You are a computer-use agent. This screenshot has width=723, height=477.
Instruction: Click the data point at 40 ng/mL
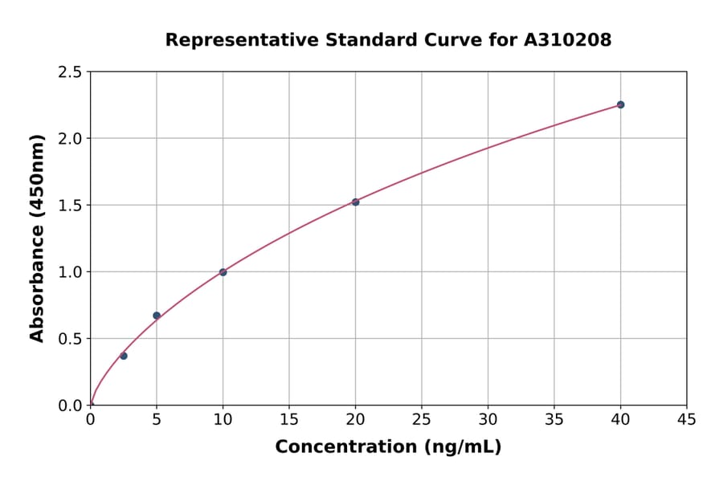[x=620, y=104]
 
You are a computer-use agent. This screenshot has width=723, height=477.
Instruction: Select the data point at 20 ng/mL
[x=355, y=202]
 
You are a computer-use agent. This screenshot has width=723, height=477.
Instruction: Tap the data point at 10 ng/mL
[x=223, y=272]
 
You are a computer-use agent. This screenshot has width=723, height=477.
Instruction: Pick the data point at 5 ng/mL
[x=157, y=316]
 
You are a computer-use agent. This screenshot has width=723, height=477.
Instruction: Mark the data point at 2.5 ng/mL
[x=124, y=356]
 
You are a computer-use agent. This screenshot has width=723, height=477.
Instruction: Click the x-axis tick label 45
[x=687, y=420]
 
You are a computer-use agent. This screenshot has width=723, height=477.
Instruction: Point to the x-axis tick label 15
[x=289, y=420]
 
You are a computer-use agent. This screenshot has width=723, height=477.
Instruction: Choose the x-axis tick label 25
[x=422, y=420]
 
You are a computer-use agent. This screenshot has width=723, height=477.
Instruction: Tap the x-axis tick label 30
[x=488, y=420]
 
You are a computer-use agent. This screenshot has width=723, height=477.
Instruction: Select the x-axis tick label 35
[x=554, y=420]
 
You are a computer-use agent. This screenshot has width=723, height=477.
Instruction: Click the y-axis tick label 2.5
[x=71, y=72]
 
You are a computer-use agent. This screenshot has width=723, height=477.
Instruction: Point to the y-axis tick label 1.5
[x=71, y=206]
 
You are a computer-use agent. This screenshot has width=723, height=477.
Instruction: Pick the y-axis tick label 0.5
[x=71, y=339]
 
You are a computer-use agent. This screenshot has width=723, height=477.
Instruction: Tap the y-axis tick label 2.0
[x=71, y=139]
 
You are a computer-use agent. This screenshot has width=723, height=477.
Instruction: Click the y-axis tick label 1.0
[x=71, y=272]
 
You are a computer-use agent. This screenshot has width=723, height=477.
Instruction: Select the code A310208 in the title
[x=568, y=39]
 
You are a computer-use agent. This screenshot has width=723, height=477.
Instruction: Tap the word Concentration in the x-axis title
[x=345, y=447]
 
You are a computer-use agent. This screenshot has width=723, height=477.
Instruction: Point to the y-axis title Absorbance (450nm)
[x=37, y=238]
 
